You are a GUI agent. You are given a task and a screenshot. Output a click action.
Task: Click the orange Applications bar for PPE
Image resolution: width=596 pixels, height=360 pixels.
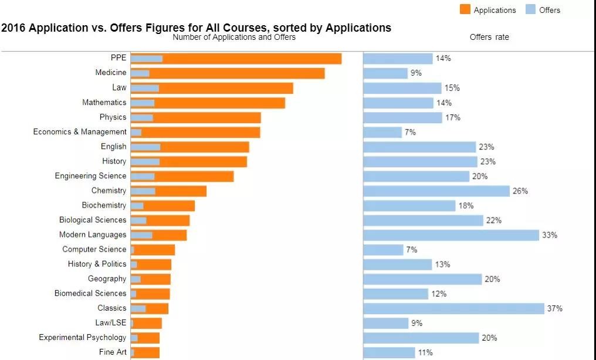point(252,59)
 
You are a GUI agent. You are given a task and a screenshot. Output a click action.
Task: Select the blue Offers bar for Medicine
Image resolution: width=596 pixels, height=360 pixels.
point(140,73)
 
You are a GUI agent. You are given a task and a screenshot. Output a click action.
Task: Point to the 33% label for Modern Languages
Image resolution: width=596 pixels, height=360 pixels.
point(549,235)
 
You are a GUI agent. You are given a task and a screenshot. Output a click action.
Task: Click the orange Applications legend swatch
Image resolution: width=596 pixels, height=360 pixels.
point(465,10)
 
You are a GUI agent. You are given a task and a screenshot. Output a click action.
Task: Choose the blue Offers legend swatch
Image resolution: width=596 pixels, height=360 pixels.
point(530,10)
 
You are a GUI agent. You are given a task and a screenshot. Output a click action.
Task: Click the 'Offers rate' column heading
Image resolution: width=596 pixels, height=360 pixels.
point(489,38)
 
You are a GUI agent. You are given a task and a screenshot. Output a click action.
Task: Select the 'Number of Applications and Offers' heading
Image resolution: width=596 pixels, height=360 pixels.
point(234,38)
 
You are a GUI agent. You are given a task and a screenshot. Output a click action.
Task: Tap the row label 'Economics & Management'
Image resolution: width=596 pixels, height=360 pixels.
point(80,132)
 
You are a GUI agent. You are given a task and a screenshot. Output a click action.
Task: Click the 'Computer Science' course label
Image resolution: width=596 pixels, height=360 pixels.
point(94,249)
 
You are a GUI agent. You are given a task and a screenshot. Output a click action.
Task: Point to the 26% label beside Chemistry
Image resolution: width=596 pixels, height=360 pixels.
point(520,191)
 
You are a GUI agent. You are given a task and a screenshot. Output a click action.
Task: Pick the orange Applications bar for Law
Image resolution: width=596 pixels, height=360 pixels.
point(226,88)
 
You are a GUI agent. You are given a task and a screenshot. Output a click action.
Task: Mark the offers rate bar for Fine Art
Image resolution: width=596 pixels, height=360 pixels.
point(389,352)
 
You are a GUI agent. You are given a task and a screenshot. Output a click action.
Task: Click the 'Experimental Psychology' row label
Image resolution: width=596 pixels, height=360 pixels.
point(83,338)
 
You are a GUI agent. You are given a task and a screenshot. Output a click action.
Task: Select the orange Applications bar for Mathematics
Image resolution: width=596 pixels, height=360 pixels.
point(220,103)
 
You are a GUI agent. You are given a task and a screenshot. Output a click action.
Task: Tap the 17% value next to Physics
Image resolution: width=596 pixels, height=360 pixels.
point(452,117)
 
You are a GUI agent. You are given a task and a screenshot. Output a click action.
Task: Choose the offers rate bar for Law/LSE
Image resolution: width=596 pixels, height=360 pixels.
point(385,323)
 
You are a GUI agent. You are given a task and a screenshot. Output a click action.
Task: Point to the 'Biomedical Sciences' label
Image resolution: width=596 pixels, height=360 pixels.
point(90,293)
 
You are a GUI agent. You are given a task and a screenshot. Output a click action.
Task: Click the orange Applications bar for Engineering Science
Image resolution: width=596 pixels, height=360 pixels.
point(194,176)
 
